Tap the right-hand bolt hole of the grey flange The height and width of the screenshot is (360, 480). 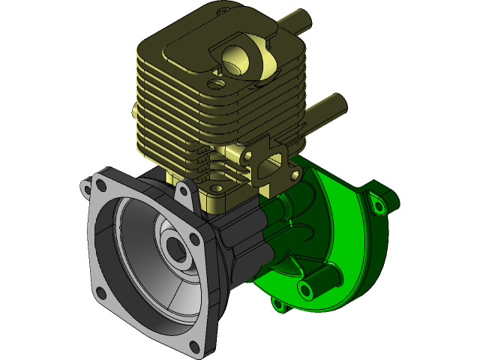click(x=195, y=239)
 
